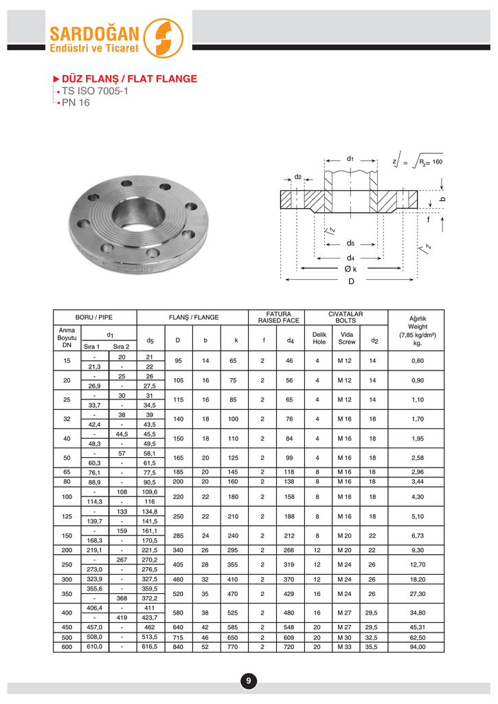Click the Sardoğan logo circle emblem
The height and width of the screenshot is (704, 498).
tap(166, 38)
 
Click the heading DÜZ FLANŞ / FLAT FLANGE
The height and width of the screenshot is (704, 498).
tap(131, 79)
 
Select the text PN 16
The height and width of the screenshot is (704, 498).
tap(76, 103)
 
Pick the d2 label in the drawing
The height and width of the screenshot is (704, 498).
tap(298, 177)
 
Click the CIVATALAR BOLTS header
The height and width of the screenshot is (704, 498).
tap(346, 318)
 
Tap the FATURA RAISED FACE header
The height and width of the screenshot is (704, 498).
tap(278, 318)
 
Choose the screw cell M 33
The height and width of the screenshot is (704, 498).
tap(346, 647)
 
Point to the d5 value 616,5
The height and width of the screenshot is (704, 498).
tap(150, 647)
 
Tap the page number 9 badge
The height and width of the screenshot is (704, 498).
tap(249, 681)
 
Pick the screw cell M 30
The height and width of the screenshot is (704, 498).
tap(346, 637)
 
